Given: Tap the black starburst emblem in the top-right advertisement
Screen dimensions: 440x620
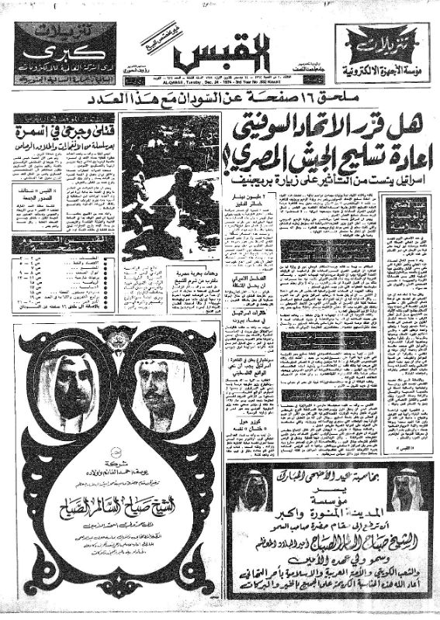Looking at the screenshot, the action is tap(381, 39).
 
